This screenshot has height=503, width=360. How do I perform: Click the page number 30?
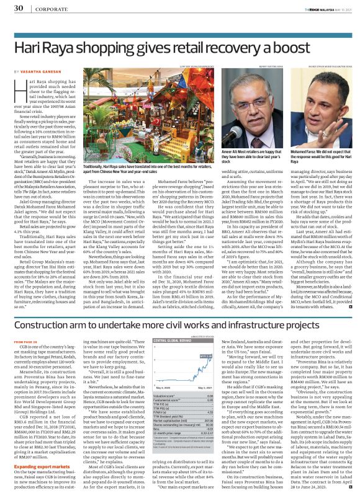tap(19, 7)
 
